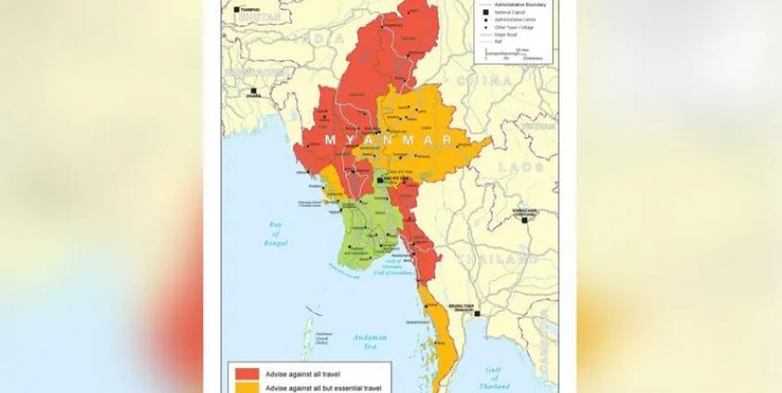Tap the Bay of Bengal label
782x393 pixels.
[x=275, y=232]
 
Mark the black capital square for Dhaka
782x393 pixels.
[x=250, y=91]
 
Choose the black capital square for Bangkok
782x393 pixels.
[x=477, y=314]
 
